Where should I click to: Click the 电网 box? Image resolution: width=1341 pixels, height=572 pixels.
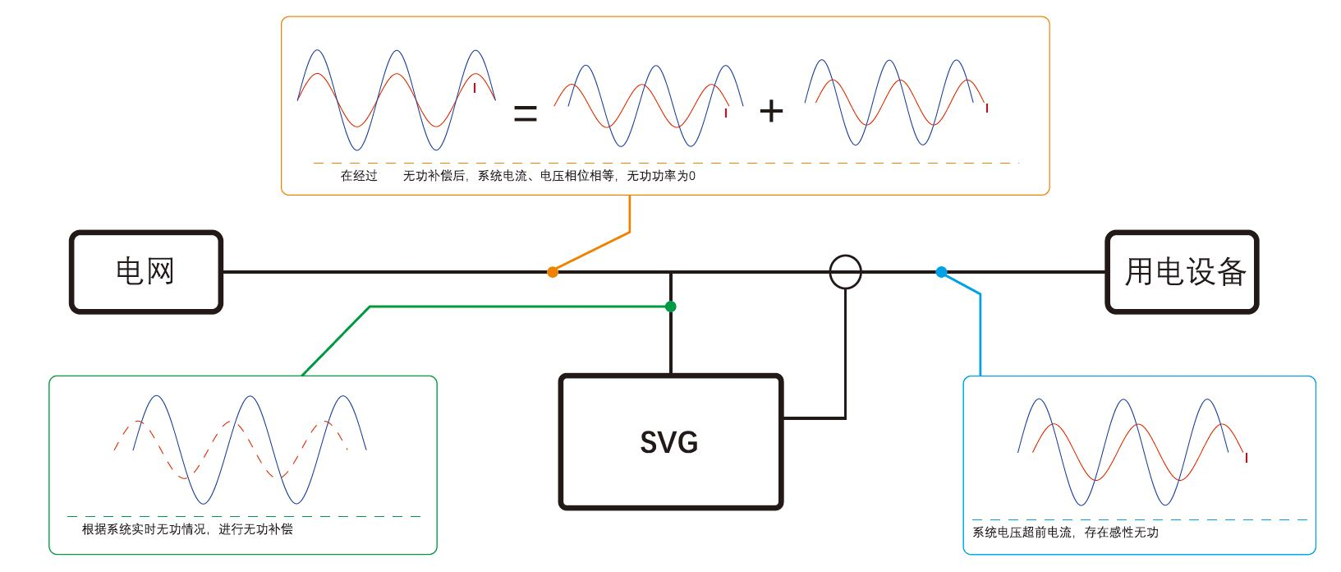(x=146, y=272)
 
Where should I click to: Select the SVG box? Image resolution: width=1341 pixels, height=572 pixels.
(x=670, y=442)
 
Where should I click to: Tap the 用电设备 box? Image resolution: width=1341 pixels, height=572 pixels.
(x=1182, y=272)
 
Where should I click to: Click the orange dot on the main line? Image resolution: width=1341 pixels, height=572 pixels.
(x=553, y=272)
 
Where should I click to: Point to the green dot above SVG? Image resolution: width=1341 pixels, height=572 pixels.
(x=671, y=307)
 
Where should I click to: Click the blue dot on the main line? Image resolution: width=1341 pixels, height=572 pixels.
(x=941, y=272)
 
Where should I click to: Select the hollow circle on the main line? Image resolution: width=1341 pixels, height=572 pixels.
(x=845, y=272)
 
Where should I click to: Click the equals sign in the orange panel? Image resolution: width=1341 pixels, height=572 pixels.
(x=526, y=113)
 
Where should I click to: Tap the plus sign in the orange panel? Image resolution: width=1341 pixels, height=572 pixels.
(x=771, y=111)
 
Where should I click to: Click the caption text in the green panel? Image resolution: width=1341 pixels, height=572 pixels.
(x=187, y=529)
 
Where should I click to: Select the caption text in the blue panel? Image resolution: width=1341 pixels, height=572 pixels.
(x=1065, y=533)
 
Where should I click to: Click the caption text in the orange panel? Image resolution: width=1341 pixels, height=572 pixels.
(x=517, y=176)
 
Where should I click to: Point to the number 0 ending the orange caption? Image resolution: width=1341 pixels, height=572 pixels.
(x=692, y=176)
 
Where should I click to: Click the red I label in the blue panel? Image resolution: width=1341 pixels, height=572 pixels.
(x=1247, y=458)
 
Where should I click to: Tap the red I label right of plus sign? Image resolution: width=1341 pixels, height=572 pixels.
(x=987, y=108)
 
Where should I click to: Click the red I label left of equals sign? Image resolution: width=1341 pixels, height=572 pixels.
(x=474, y=88)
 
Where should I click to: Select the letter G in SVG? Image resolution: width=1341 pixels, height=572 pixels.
(x=688, y=443)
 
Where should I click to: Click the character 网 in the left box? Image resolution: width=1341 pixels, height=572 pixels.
(x=161, y=271)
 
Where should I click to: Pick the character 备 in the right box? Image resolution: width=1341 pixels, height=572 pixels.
(x=1231, y=272)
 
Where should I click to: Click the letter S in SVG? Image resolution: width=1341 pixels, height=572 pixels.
(x=650, y=443)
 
